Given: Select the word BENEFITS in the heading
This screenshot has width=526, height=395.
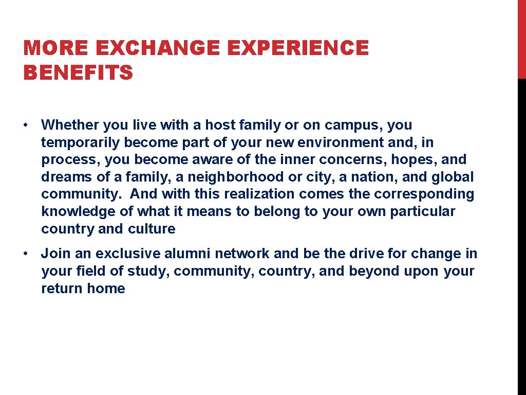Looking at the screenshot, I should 78,73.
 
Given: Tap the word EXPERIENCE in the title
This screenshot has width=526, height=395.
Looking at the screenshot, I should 297,48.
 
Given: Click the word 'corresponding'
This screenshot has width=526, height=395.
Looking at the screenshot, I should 424,194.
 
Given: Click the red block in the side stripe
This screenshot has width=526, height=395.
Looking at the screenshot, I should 521,39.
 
